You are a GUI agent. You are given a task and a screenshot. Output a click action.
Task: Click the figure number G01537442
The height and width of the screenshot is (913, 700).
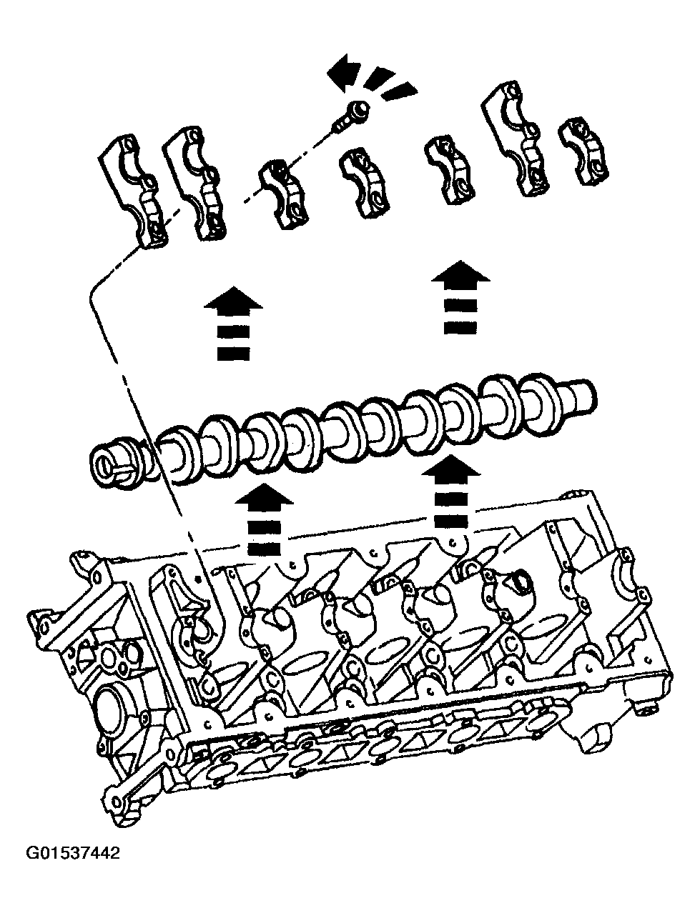point(73,853)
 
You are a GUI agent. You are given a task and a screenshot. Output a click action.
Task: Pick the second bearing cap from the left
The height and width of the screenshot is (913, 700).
point(197,183)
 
